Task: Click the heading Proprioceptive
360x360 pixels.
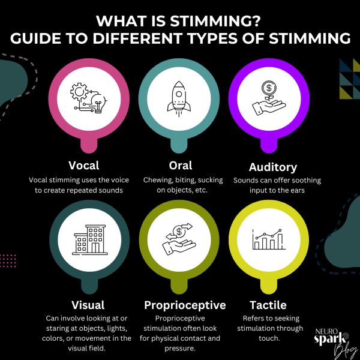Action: (185, 305)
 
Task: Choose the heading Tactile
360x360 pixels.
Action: (273, 305)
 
